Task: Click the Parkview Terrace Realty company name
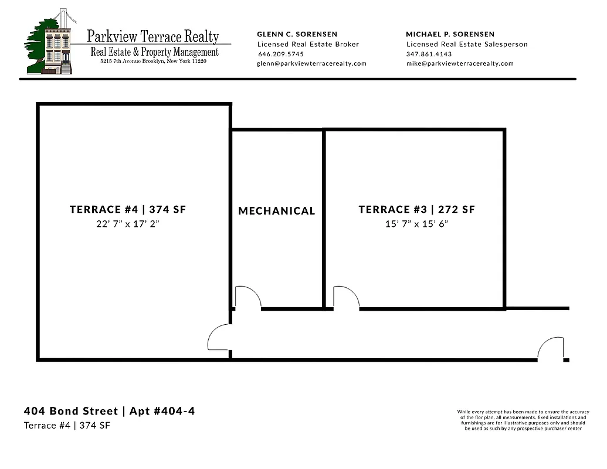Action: tap(153, 37)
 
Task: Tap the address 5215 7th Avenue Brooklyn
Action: tap(153, 61)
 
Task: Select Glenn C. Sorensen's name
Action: tap(297, 34)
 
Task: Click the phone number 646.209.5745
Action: tap(281, 54)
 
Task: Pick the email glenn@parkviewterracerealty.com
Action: tap(311, 63)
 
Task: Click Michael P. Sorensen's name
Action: tap(450, 34)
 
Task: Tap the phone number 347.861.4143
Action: tap(429, 54)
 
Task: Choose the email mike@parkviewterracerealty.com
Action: tap(460, 63)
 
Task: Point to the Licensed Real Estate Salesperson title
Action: tap(467, 44)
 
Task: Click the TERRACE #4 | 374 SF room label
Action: tap(128, 209)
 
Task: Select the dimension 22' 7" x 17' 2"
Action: tap(128, 223)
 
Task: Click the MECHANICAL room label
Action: tap(277, 211)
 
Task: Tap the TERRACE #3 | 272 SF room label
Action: tap(416, 209)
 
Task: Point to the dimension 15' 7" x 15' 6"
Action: tap(416, 223)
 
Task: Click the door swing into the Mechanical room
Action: tap(247, 297)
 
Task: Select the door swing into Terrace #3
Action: tap(345, 297)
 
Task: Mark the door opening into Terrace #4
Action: tap(219, 338)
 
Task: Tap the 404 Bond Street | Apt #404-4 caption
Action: tap(110, 411)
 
